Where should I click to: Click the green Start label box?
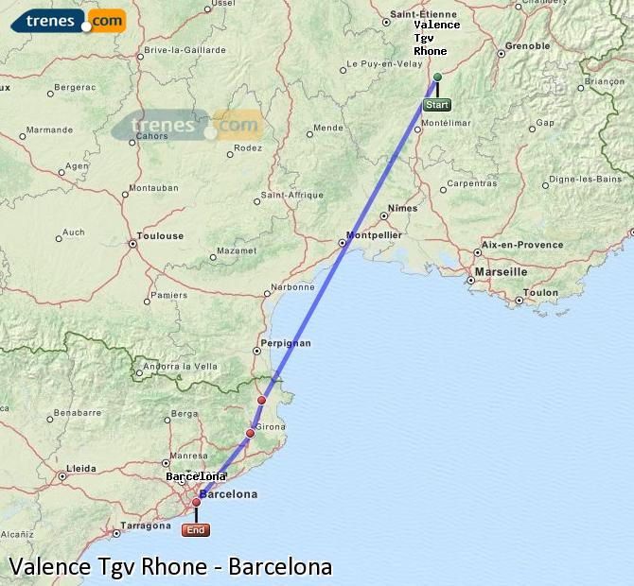(x=436, y=105)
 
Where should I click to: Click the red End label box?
(x=196, y=530)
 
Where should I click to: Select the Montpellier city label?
(x=375, y=234)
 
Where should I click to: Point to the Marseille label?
(x=502, y=271)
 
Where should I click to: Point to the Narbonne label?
(x=292, y=286)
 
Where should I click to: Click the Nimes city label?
(x=402, y=208)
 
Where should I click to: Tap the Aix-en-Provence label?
(x=522, y=245)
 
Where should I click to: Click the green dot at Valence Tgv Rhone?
(x=437, y=77)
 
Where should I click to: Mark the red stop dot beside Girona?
(x=250, y=434)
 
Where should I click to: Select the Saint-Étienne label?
(x=425, y=15)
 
